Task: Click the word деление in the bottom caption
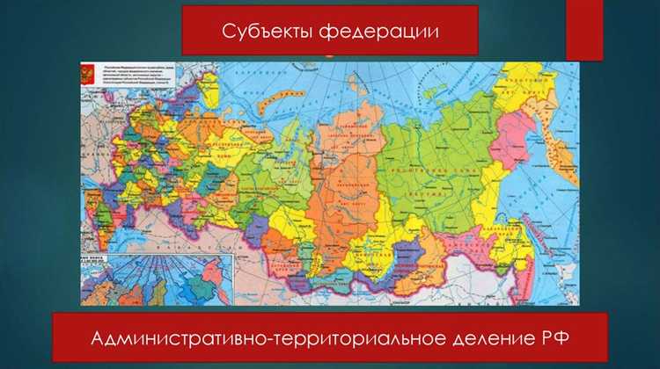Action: click(484, 337)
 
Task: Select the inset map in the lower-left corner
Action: click(158, 279)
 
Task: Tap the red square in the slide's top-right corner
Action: click(584, 30)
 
